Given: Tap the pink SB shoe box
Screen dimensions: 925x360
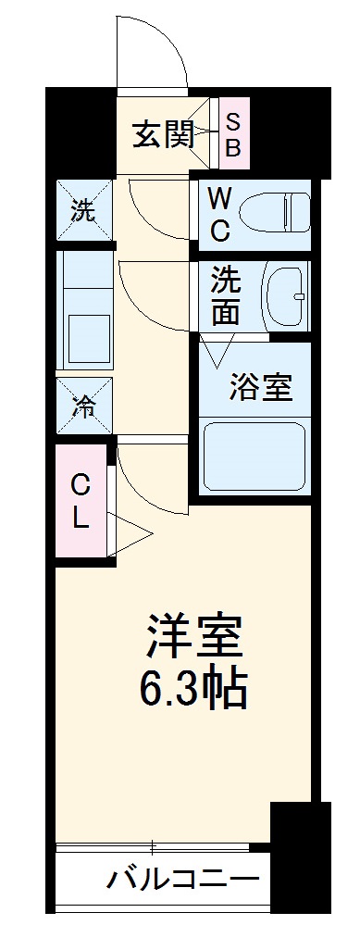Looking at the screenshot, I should click(233, 134).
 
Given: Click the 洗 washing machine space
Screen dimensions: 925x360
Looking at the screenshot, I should click(83, 211).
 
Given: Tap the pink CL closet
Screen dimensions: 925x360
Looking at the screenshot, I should click(81, 501).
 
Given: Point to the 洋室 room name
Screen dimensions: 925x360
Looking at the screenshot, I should click(194, 636).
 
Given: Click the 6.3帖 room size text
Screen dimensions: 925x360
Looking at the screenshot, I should click(194, 687).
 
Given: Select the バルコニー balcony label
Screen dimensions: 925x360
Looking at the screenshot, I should click(180, 878).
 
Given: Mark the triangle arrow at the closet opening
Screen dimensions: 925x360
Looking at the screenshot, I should click(130, 531).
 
